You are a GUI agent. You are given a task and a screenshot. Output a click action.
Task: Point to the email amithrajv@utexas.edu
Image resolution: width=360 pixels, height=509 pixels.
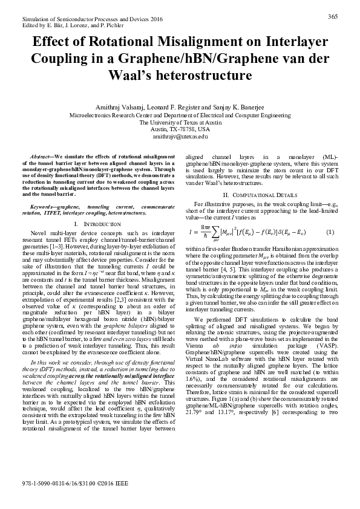pyautogui.click(x=180, y=137)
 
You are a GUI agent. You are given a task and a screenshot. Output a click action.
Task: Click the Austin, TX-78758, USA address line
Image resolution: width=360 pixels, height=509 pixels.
pyautogui.click(x=180, y=129)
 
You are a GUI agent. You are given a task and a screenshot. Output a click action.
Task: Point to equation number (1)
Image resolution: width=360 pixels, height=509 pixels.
pyautogui.click(x=330, y=233)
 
